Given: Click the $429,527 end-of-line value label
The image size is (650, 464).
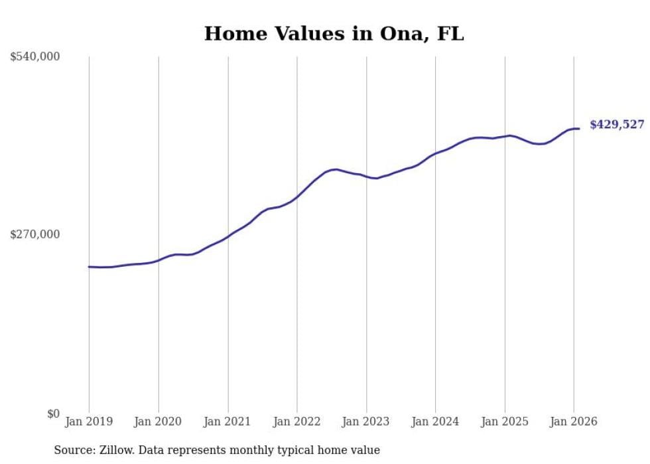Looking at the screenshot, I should coord(617,125).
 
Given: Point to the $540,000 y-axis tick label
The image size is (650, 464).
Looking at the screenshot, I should coord(35,57).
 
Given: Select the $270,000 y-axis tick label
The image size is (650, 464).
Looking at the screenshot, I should coord(35,234).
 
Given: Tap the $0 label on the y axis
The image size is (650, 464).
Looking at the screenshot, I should coord(53,414).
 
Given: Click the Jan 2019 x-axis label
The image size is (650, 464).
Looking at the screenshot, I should coord(89,422).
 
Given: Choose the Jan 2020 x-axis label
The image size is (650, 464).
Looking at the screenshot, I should coord(159,422).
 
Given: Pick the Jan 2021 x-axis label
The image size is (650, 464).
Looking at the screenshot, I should coord(228,422).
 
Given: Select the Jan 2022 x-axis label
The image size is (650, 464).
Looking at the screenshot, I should coord(297,422).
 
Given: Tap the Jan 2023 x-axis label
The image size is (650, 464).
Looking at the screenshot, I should coord(366,422).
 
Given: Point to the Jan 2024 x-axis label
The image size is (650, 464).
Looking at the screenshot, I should coord(435,422).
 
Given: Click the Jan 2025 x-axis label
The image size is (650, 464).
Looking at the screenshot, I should coord(505,422).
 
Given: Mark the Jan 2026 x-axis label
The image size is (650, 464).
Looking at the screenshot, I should coord(574,422).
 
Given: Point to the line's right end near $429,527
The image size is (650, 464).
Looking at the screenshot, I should coord(579,129).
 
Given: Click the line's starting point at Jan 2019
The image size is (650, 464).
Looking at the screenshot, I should coord(89,267).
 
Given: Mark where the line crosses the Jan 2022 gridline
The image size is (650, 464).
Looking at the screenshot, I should coord(297,196).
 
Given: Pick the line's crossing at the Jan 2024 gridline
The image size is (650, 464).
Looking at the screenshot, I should coord(435,154).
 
